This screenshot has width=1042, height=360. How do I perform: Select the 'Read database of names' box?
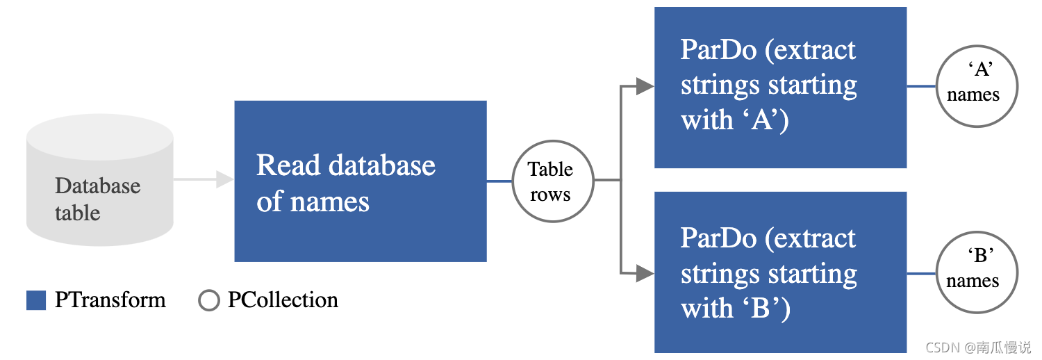360,181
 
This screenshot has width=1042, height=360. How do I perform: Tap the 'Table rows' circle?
552,181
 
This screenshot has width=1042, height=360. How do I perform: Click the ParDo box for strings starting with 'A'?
779,86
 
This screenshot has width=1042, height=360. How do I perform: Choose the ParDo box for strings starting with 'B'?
779,272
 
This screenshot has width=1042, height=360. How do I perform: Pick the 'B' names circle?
976,273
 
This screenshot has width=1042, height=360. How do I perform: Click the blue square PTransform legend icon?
36,300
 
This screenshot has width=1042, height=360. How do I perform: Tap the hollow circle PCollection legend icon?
208,300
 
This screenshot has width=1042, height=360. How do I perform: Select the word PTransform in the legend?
110,300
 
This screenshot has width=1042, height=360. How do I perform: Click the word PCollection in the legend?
283,300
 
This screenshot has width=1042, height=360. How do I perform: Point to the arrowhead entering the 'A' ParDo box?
645,86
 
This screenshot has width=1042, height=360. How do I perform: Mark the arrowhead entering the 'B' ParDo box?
645,273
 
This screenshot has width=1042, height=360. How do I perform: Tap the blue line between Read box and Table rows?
498,181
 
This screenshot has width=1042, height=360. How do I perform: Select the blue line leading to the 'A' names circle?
920,87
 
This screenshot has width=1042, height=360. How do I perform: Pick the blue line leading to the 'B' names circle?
920,273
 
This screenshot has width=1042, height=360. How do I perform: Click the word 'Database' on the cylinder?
97,186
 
